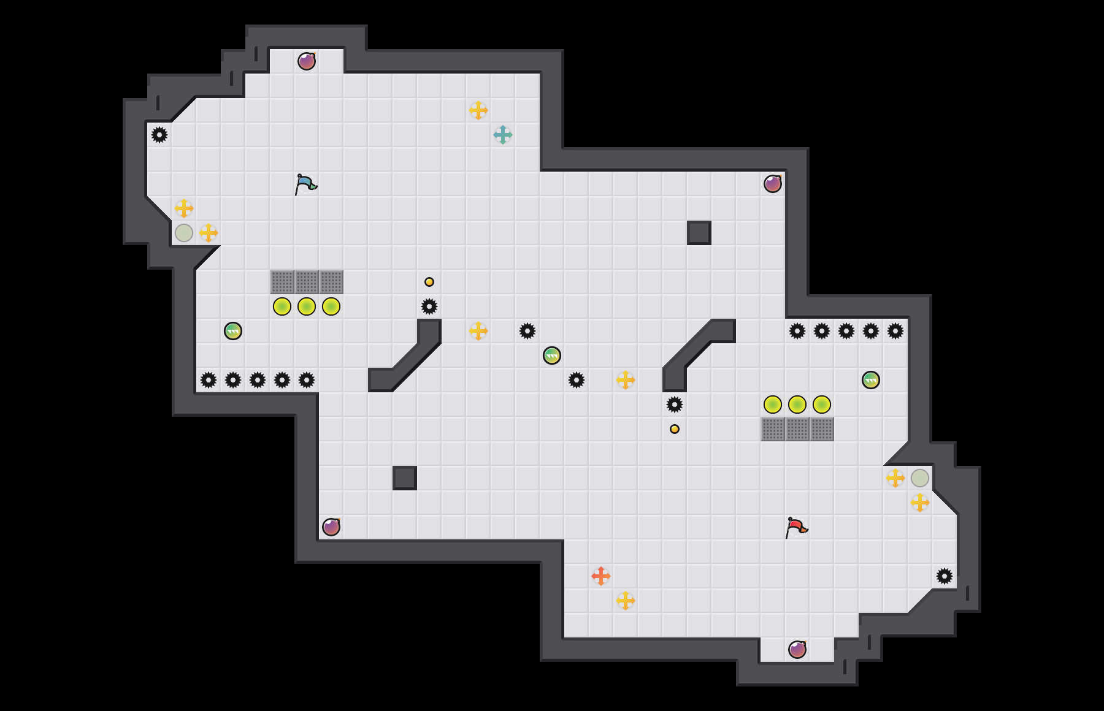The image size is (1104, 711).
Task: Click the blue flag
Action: tap(305, 184)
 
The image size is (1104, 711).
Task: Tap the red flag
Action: tap(795, 527)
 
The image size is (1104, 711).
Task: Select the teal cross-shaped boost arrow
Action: tap(503, 135)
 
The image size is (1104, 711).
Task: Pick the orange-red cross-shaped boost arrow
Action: tap(601, 576)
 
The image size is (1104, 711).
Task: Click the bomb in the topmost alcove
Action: tap(307, 61)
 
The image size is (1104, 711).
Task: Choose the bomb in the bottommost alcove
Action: tap(797, 650)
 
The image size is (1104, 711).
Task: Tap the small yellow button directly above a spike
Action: tap(429, 282)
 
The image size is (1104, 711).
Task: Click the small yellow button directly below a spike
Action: tap(675, 429)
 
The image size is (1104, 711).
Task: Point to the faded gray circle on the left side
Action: tap(184, 233)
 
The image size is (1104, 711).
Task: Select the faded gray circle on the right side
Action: tap(920, 478)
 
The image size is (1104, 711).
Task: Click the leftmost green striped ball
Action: tap(233, 331)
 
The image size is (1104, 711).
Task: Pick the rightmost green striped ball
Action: tap(871, 380)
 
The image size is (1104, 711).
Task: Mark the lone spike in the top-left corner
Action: tap(159, 135)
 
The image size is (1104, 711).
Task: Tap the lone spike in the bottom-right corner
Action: tap(945, 576)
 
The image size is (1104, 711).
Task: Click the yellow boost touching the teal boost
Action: tap(478, 110)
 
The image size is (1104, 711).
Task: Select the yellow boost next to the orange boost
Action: tap(626, 601)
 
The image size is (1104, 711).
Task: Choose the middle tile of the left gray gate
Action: tap(307, 282)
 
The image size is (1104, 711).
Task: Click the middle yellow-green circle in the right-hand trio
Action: tap(797, 405)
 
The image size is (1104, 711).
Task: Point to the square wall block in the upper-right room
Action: tap(699, 233)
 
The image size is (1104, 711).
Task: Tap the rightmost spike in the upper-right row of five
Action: tap(895, 331)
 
